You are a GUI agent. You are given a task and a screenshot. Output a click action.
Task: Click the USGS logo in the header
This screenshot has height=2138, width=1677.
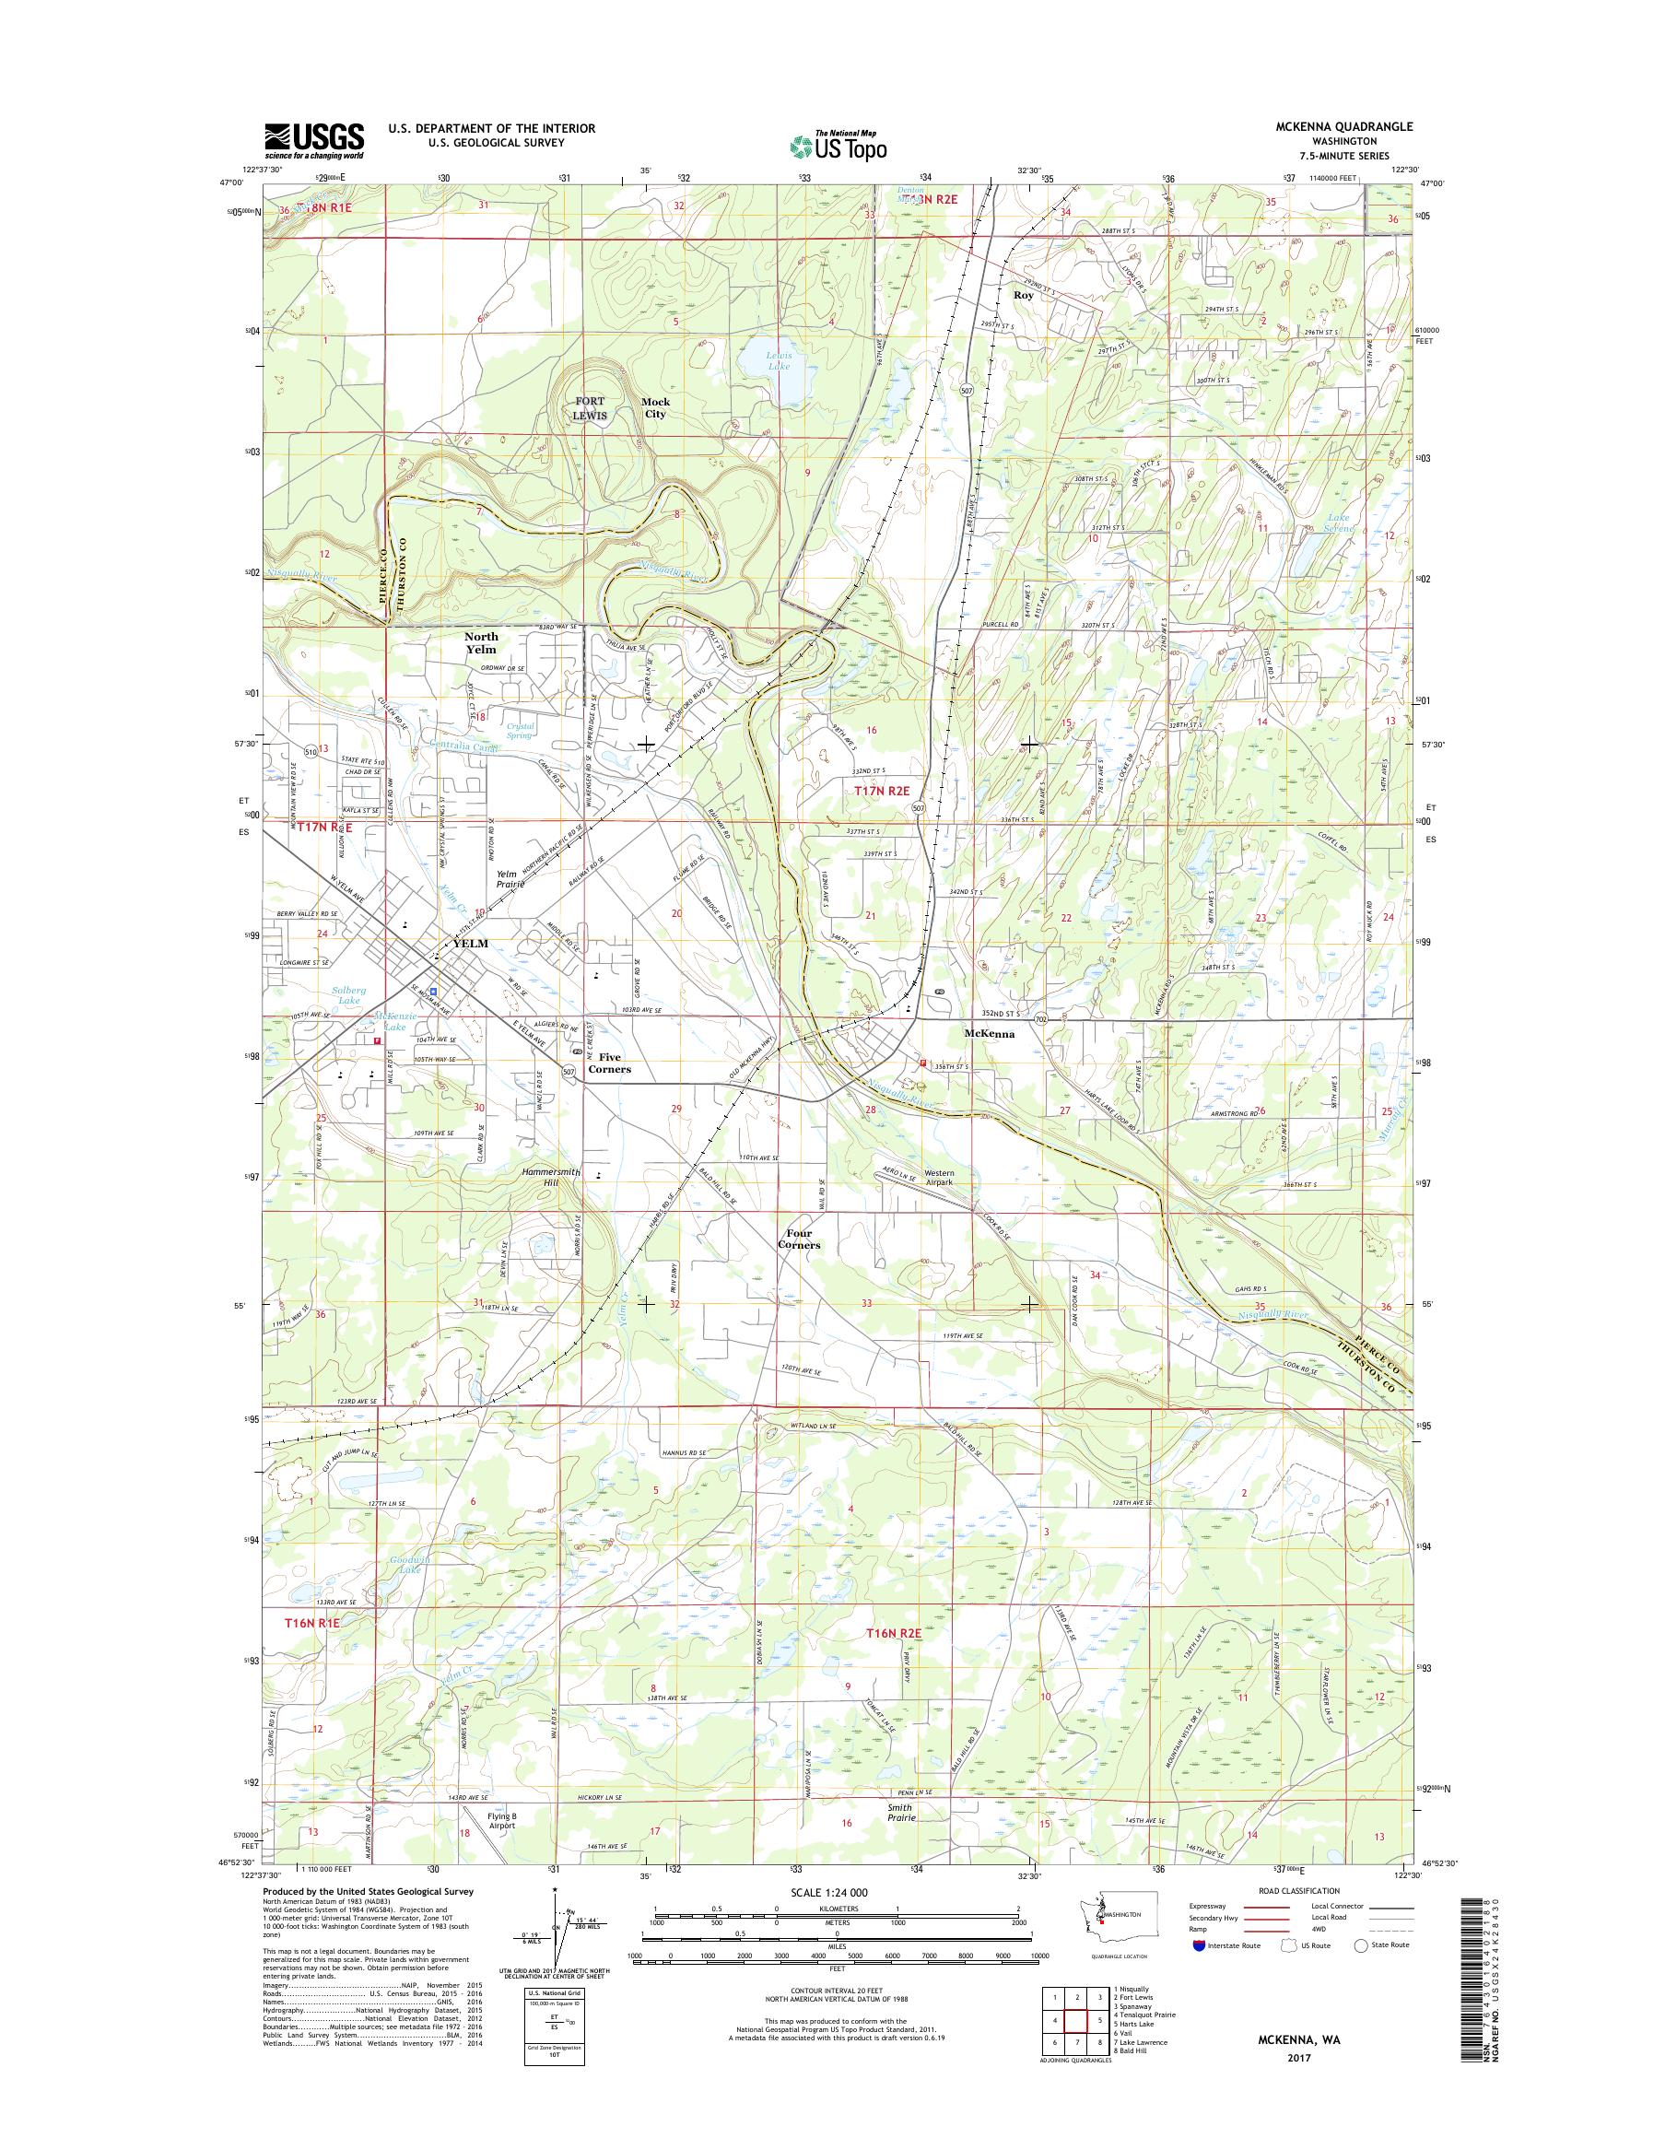pos(313,140)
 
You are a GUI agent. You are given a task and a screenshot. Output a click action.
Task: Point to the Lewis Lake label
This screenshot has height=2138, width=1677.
pos(779,359)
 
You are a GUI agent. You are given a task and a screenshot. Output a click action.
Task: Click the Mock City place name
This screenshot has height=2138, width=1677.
pos(655,407)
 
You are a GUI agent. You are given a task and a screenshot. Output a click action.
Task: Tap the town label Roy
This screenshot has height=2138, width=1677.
pos(1024,295)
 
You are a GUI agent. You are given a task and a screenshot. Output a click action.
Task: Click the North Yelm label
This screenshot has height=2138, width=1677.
pos(481,643)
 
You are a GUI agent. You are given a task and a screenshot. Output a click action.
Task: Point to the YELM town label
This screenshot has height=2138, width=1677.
pos(469,943)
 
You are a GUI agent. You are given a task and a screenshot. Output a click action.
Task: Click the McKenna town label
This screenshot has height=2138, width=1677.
pos(990,1034)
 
